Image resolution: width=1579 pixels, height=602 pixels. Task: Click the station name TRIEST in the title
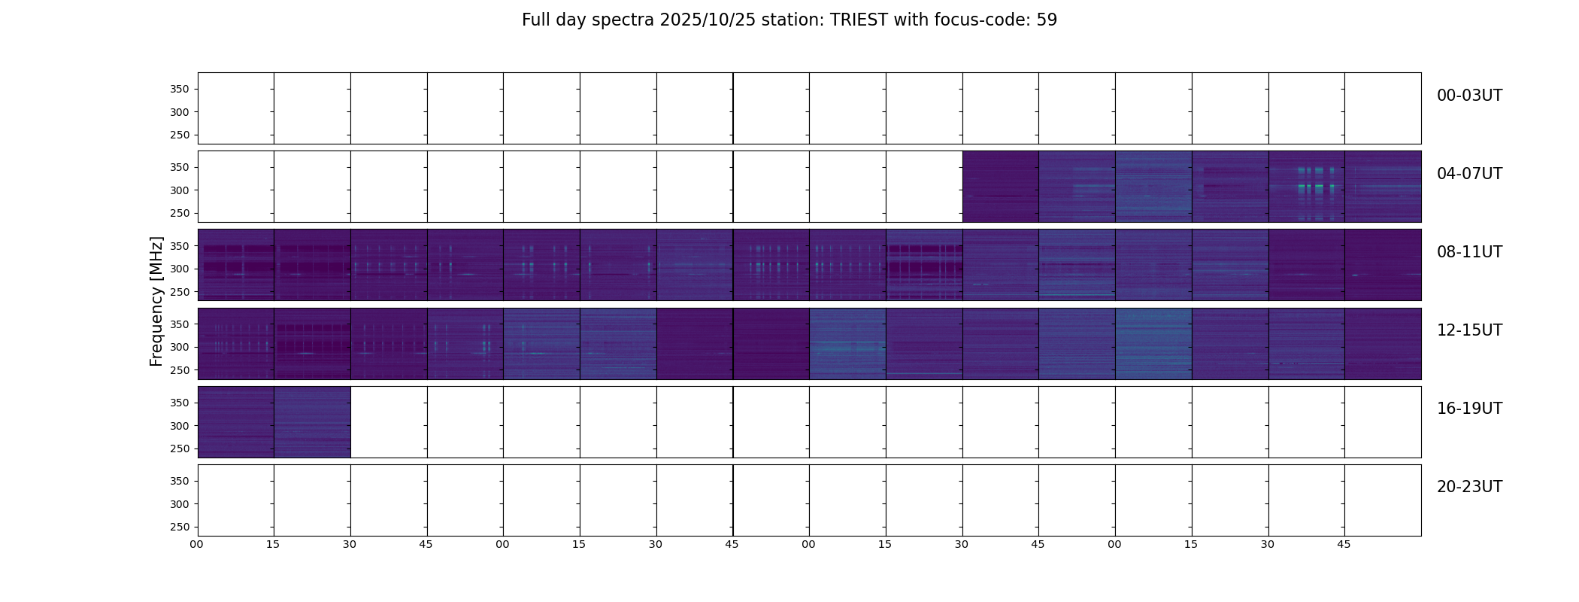[859, 20]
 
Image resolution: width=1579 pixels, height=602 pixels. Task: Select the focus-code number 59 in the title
[1047, 20]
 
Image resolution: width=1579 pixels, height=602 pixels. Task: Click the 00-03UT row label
[1469, 96]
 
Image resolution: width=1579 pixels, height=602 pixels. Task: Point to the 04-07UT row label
[1469, 174]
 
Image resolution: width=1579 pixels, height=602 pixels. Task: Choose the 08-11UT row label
[1469, 252]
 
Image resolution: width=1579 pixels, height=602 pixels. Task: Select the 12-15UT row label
[1469, 330]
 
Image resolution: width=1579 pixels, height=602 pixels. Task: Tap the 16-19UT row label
[1469, 409]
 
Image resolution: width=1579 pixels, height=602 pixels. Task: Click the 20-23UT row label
[1469, 487]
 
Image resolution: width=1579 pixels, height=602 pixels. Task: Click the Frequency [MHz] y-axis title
[156, 301]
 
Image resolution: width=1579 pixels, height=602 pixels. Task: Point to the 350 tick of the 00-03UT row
[179, 90]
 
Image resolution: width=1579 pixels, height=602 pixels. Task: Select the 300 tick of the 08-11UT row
[179, 269]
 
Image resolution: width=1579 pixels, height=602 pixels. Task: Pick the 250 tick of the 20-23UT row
[179, 527]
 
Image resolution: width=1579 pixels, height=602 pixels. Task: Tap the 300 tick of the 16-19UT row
[179, 426]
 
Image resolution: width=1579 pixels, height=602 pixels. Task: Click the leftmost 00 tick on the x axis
[197, 544]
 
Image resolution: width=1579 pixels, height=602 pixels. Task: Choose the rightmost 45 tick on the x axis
[1344, 544]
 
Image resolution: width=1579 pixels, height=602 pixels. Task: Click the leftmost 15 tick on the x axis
[273, 544]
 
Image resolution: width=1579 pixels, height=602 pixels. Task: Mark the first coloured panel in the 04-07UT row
[1001, 187]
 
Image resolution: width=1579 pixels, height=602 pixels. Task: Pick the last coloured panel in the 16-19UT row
[312, 422]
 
